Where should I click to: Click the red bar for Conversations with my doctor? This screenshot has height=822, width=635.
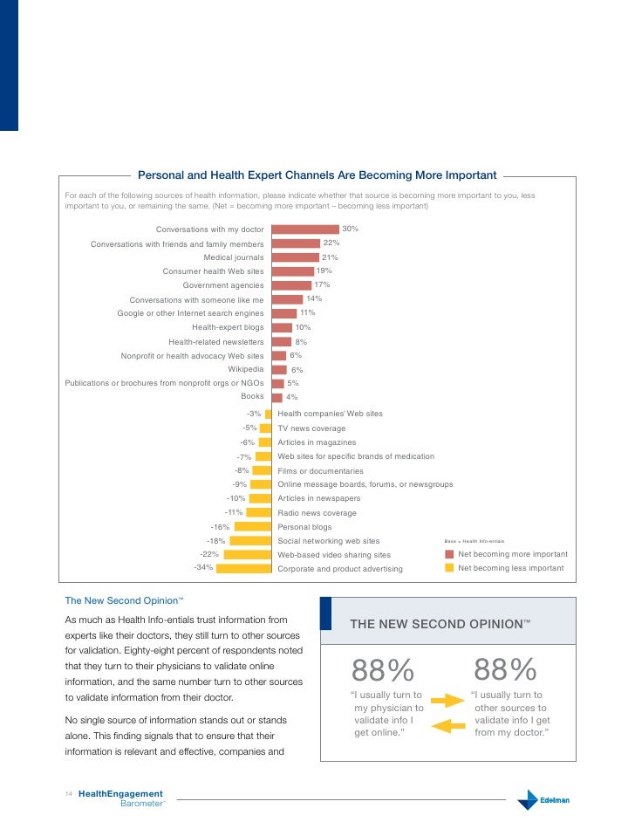pyautogui.click(x=305, y=229)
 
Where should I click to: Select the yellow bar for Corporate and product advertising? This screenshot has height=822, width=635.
pyautogui.click(x=243, y=568)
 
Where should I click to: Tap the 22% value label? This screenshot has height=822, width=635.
pyautogui.click(x=331, y=243)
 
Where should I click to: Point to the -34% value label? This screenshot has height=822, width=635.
pyautogui.click(x=203, y=567)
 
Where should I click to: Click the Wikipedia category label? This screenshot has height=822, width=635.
pyautogui.click(x=246, y=369)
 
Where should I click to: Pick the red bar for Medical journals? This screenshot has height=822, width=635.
pyautogui.click(x=296, y=257)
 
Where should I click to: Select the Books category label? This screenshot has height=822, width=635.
pyautogui.click(x=252, y=396)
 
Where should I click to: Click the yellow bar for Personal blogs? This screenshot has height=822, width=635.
pyautogui.click(x=253, y=527)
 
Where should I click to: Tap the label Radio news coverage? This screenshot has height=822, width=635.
pyautogui.click(x=317, y=513)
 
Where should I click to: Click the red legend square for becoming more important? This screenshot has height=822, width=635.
pyautogui.click(x=449, y=554)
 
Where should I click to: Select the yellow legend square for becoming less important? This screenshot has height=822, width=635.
pyautogui.click(x=449, y=568)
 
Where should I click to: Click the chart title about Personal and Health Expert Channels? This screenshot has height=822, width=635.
pyautogui.click(x=317, y=175)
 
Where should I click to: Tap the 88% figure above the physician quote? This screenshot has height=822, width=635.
pyautogui.click(x=382, y=671)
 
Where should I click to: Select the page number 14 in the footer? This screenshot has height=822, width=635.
pyautogui.click(x=69, y=793)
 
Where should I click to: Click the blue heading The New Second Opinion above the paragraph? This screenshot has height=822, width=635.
pyautogui.click(x=123, y=600)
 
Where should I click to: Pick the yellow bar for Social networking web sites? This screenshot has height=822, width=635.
pyautogui.click(x=251, y=541)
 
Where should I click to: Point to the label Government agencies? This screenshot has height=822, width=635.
pyautogui.click(x=222, y=285)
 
